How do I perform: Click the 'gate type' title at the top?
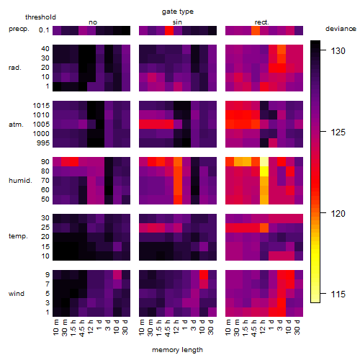(178, 12)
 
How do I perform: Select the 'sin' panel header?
(177, 22)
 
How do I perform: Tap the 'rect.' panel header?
(262, 22)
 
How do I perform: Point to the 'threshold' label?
(40, 17)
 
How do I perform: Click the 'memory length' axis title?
(177, 350)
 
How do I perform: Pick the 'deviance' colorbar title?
(341, 29)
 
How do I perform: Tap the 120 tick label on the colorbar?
(338, 213)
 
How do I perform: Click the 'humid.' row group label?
(20, 181)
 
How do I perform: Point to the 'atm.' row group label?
(16, 125)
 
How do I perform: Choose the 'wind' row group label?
(17, 294)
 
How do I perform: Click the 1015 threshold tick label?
(41, 106)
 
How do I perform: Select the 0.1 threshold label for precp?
(44, 30)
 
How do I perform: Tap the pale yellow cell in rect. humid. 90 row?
(264, 162)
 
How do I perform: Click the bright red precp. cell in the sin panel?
(169, 30)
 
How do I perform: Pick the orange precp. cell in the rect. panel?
(256, 30)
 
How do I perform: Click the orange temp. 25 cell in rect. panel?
(264, 228)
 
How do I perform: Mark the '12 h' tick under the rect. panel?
(264, 327)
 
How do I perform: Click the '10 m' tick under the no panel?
(55, 328)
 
